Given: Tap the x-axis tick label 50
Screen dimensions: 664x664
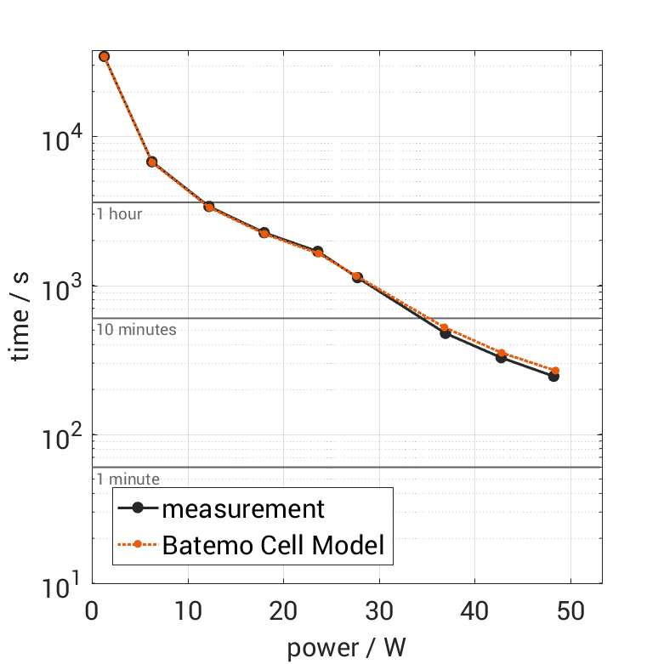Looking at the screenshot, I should click(570, 612).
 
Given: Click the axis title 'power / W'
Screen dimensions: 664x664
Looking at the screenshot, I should click(347, 648).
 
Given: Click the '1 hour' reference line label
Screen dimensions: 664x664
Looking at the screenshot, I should click(119, 214).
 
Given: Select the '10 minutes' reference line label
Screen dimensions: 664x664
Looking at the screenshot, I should click(136, 330).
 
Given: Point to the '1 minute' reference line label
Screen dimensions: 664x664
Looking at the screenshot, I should click(128, 480).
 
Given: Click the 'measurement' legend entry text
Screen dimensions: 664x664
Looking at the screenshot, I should click(243, 509).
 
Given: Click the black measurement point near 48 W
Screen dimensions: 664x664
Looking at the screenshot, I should click(553, 376).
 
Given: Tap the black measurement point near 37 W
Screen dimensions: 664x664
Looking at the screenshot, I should click(445, 333).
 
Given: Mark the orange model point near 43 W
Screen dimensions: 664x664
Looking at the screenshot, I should click(502, 353).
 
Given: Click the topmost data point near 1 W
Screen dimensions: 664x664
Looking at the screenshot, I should click(104, 56).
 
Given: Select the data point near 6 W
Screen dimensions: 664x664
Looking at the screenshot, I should click(151, 162).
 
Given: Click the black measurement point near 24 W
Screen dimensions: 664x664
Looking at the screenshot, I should click(318, 252).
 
